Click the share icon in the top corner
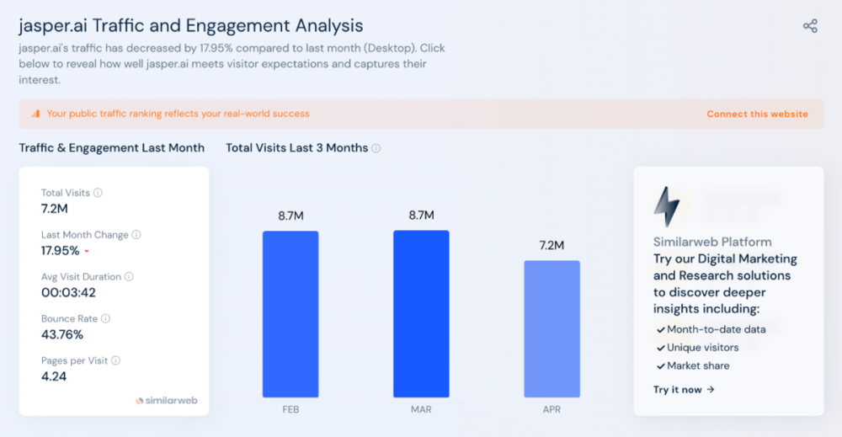[x=810, y=26]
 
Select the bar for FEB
[x=290, y=313]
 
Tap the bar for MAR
[x=421, y=313]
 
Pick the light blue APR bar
[x=552, y=328]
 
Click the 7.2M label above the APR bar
[x=552, y=245]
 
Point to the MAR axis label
[x=421, y=410]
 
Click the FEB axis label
[x=290, y=410]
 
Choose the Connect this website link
[x=757, y=114]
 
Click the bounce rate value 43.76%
[x=62, y=334]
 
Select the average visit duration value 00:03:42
[x=69, y=292]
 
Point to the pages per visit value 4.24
[x=54, y=376]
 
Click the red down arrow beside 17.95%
[x=87, y=252]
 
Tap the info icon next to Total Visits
[x=98, y=193]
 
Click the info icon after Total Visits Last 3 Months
[x=376, y=148]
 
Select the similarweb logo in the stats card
[x=167, y=401]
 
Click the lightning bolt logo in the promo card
[x=667, y=206]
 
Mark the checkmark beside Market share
[x=660, y=366]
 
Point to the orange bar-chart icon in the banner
[x=35, y=114]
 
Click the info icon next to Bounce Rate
[x=106, y=319]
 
